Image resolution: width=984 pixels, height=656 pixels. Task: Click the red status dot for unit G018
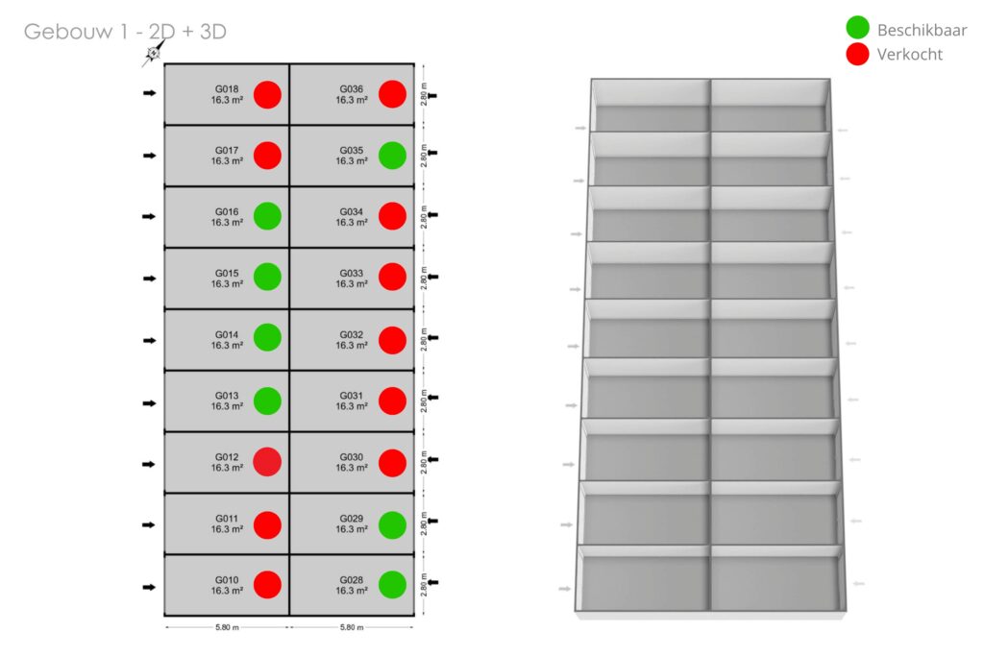pos(267,94)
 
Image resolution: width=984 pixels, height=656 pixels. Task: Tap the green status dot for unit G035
pos(391,156)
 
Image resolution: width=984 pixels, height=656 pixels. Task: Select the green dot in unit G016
pos(267,216)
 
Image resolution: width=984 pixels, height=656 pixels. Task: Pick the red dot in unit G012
pos(267,462)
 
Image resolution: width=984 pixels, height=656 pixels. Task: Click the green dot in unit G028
pos(391,585)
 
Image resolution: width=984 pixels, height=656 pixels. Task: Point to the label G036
pos(351,89)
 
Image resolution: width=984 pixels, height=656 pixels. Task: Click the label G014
pos(227,334)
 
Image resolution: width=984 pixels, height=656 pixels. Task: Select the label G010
pos(227,580)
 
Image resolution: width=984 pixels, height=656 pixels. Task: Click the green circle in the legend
pos(857,29)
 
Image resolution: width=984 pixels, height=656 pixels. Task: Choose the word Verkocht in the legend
pos(909,55)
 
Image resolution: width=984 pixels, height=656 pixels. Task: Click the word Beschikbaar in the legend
pos(922,30)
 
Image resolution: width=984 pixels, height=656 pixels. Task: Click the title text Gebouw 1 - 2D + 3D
pos(125,32)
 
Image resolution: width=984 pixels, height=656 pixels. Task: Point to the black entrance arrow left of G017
pos(149,155)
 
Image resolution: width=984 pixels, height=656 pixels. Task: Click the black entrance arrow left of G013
pos(149,402)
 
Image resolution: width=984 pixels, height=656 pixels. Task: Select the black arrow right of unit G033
pos(431,277)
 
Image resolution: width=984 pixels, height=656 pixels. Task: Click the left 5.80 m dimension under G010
pos(227,628)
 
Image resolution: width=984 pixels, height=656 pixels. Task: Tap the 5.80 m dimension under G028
pos(352,628)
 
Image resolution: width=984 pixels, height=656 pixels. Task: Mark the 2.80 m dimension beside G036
pos(423,93)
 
